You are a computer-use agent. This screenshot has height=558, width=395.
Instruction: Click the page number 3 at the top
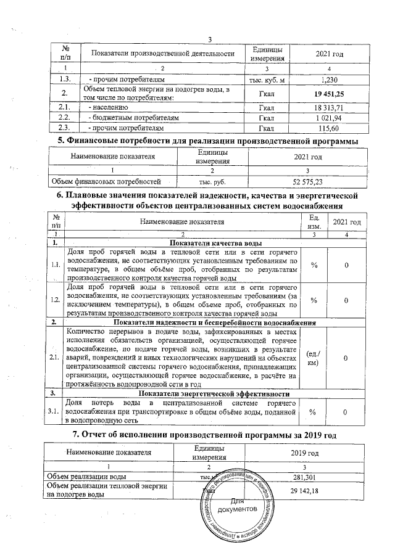pos(209,41)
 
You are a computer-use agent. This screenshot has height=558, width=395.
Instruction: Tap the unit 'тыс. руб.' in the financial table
pos(212,181)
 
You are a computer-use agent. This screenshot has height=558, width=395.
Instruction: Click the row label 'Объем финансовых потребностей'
pos(101,181)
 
